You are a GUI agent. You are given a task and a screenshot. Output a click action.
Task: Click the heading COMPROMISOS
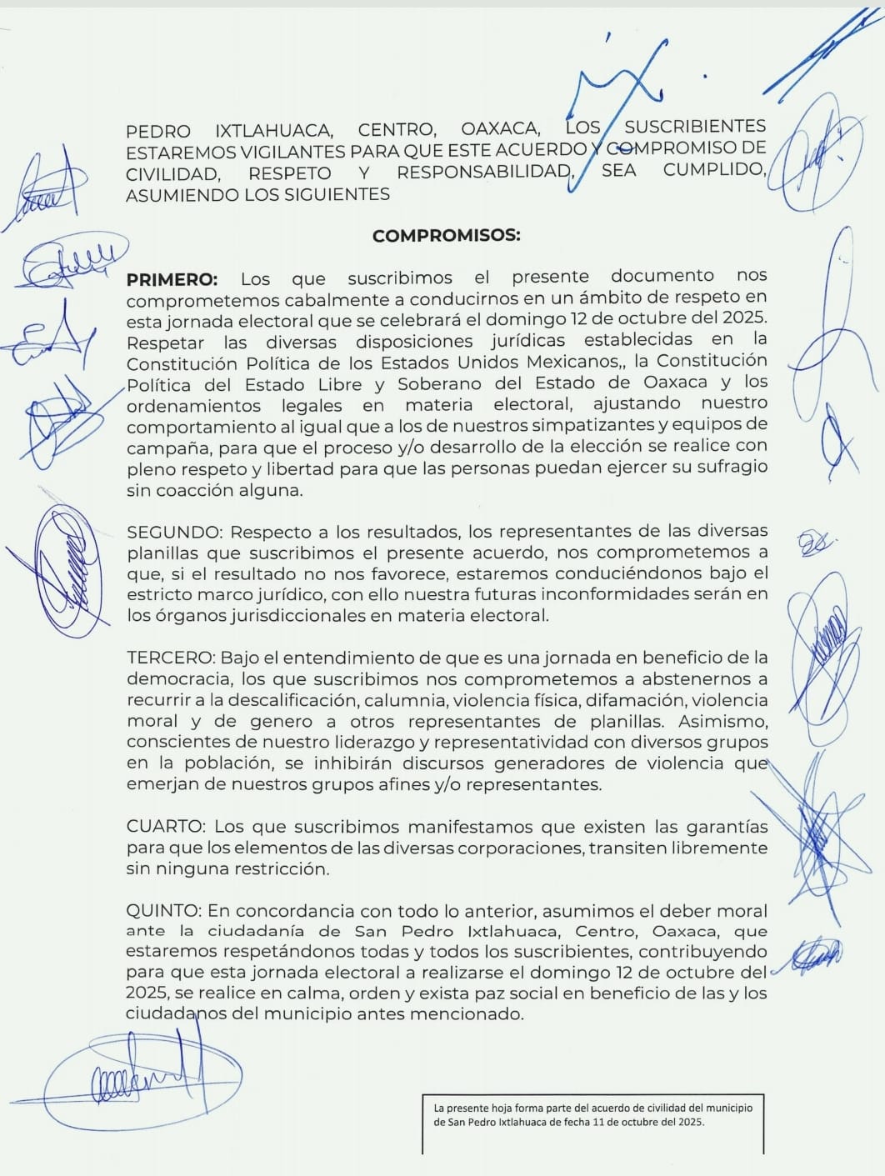(446, 236)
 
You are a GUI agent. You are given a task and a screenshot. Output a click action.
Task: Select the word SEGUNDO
(173, 532)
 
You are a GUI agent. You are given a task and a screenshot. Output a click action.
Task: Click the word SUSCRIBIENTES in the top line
(695, 127)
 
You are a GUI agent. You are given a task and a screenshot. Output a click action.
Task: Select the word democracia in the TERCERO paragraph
(172, 680)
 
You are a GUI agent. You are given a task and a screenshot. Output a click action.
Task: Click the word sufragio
(726, 468)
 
